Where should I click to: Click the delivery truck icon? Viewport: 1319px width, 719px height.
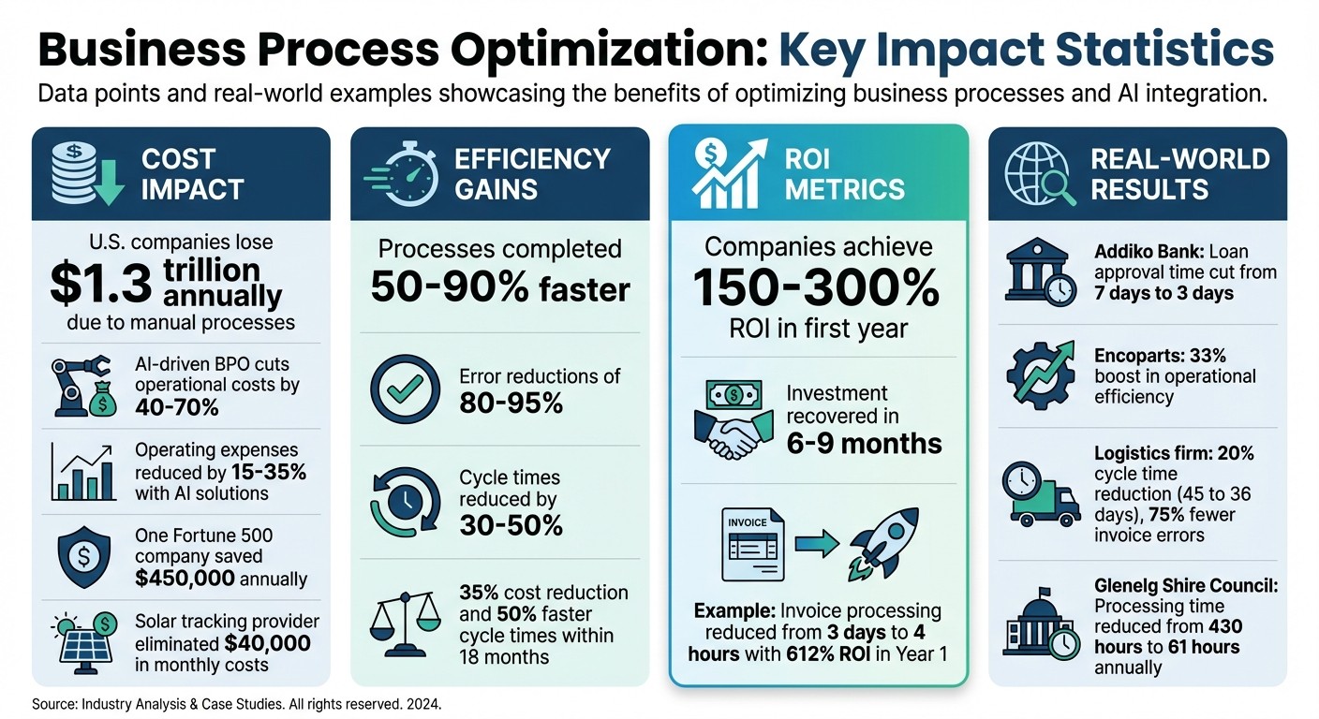1037,494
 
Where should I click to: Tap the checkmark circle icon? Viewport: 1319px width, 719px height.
405,389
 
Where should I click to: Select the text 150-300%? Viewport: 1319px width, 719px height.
816,290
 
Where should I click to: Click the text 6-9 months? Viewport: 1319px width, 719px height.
864,443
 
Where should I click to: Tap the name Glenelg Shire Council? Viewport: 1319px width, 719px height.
1185,586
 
